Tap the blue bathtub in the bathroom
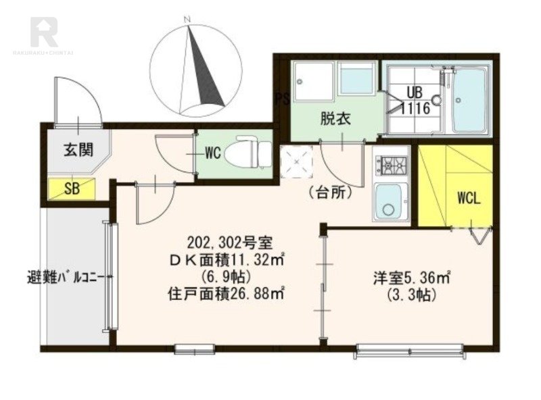pyautogui.click(x=469, y=101)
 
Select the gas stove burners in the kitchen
pyautogui.click(x=392, y=164)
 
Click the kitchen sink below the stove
pyautogui.click(x=391, y=201)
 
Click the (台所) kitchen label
pyautogui.click(x=331, y=193)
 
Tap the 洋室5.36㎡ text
pyautogui.click(x=411, y=277)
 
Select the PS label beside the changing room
pyautogui.click(x=282, y=99)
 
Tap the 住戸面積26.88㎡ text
pyautogui.click(x=225, y=293)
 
